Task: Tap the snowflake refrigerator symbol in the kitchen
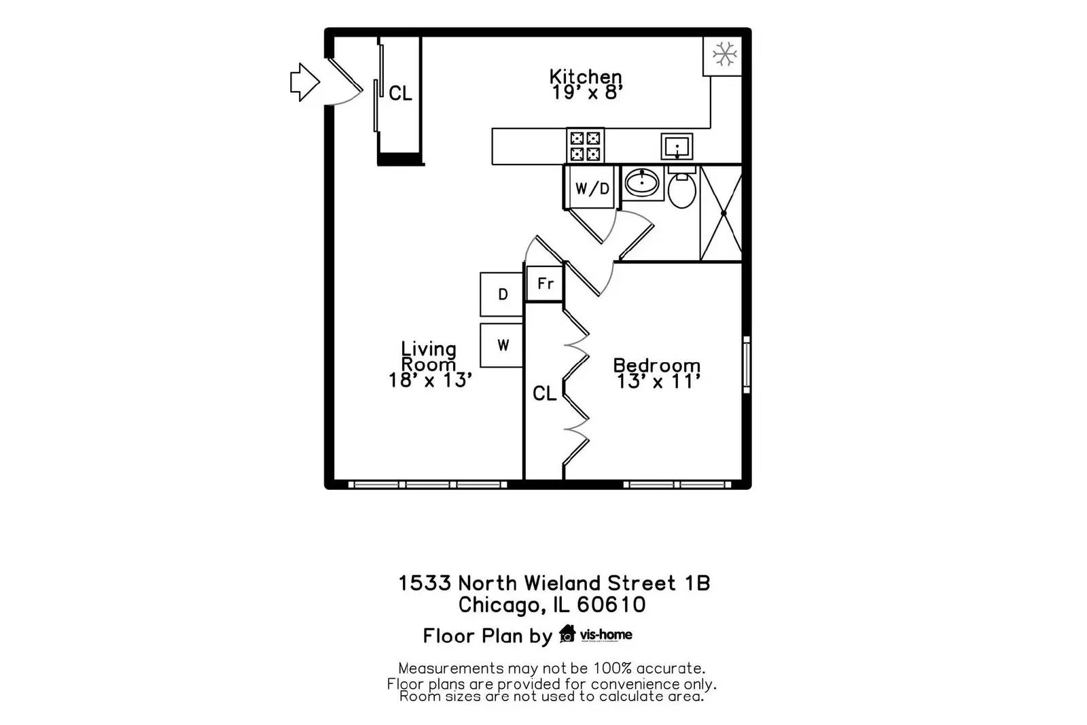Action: point(724,54)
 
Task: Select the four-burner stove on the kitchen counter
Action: point(585,146)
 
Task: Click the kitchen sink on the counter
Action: point(677,147)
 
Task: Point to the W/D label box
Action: point(592,188)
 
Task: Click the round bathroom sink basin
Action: point(641,182)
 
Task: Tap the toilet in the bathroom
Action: point(681,190)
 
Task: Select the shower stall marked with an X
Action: point(721,213)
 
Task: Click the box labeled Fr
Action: point(545,283)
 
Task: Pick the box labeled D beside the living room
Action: point(502,294)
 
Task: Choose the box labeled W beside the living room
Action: point(502,345)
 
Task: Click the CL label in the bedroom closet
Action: point(544,393)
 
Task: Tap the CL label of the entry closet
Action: point(400,93)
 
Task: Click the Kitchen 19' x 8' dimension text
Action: point(586,84)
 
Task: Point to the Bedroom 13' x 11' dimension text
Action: point(657,374)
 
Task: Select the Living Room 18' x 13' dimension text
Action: point(429,365)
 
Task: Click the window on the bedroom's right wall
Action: point(747,364)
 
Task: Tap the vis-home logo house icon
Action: point(567,634)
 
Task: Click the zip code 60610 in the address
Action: point(611,605)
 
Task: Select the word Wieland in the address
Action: point(561,583)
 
